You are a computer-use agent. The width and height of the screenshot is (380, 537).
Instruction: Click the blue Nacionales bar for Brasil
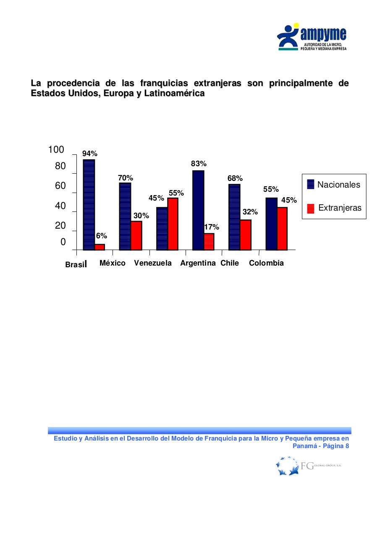[89, 205]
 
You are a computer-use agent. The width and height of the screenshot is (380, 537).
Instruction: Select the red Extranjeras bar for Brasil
[100, 247]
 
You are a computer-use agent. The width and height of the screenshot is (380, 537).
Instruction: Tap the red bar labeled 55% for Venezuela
[173, 224]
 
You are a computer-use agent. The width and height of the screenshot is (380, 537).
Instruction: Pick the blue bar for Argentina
[198, 210]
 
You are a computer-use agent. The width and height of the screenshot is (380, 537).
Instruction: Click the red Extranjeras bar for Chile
[246, 235]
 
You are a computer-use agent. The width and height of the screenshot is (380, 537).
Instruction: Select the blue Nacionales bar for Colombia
[271, 224]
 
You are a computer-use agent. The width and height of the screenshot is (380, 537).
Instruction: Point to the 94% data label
[89, 154]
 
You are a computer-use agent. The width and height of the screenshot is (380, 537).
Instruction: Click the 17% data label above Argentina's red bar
[211, 227]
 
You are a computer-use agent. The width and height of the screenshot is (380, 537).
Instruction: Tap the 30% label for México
[141, 216]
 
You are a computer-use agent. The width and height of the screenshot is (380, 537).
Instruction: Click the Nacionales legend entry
[338, 185]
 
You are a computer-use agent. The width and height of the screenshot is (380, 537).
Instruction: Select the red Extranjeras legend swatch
[311, 208]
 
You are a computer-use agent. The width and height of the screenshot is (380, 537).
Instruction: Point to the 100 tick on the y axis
[56, 150]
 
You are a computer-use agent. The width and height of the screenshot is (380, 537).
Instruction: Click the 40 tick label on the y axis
[60, 206]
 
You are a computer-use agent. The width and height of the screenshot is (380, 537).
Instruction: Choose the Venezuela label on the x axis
[153, 263]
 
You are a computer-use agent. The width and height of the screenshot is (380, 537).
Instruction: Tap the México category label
[112, 263]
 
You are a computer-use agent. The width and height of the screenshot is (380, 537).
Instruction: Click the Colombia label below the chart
[266, 263]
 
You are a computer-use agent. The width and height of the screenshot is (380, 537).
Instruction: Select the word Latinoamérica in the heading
[174, 94]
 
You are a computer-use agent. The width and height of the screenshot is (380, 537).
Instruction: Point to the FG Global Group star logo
[288, 466]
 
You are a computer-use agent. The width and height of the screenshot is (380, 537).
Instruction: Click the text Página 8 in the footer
[335, 446]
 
